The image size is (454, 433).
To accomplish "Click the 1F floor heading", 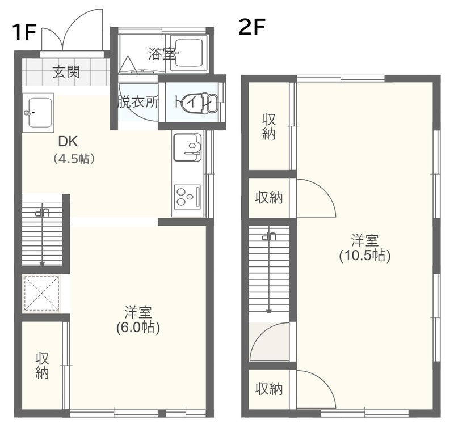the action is [x=24, y=32].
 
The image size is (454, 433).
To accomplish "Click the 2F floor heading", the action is [x=252, y=27].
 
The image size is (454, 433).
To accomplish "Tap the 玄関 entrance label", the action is [x=66, y=72].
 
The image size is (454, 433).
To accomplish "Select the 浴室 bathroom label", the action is [x=162, y=53].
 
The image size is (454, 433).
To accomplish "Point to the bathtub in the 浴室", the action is [x=188, y=53].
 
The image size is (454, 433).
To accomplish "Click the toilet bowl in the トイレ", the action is [x=199, y=103].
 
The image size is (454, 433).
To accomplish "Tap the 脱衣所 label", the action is [x=138, y=102].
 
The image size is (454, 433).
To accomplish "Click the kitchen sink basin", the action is [x=187, y=147].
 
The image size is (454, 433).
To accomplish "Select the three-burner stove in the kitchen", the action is [x=187, y=197].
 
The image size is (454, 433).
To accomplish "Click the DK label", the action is [x=68, y=142].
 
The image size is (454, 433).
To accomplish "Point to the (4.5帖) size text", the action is [x=74, y=159].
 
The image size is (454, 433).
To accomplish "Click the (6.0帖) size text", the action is [x=138, y=328].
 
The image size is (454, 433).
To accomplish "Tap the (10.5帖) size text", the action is [x=365, y=256].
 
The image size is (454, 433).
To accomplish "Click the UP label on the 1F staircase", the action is [x=42, y=213].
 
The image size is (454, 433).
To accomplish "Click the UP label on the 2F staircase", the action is [x=268, y=236].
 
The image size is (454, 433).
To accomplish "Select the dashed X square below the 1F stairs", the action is [x=42, y=294].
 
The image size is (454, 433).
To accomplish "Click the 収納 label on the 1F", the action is [x=42, y=366].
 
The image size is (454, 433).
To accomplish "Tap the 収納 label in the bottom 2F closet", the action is [x=268, y=389].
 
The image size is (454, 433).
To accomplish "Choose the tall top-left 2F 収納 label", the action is [x=268, y=127].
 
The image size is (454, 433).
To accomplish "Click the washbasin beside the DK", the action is [x=38, y=113].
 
